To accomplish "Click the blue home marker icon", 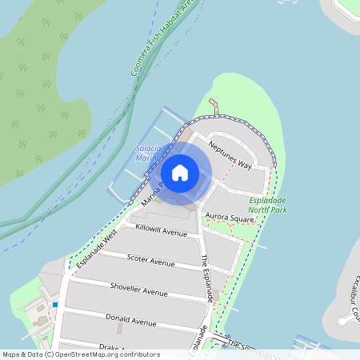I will tap(180, 172).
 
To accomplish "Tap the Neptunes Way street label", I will tap(230, 154).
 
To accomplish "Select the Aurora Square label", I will tap(230, 217).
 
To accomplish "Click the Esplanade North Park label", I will tap(267, 205).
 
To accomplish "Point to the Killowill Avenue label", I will tap(161, 230).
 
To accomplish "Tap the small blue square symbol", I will tap(54, 305).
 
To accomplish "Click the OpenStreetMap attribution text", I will tap(81, 354).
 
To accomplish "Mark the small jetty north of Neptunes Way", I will tap(213, 106).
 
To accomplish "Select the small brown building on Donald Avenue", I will tap(119, 328).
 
